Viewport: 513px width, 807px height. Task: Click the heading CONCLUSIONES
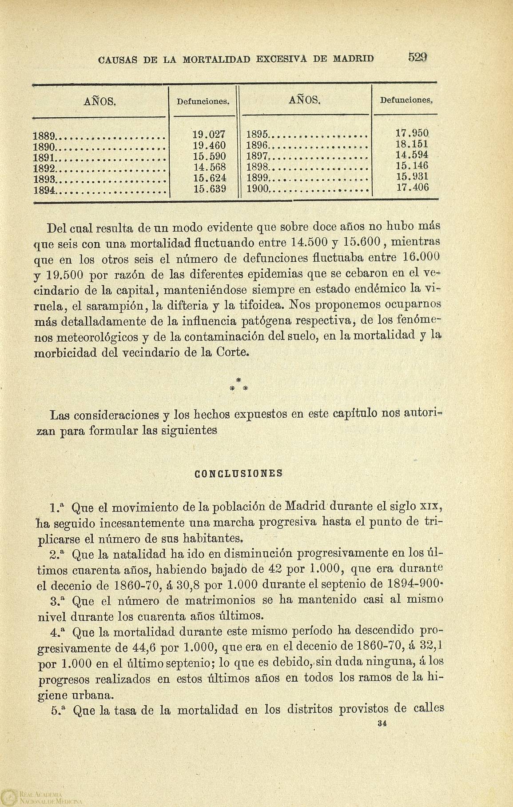pyautogui.click(x=239, y=473)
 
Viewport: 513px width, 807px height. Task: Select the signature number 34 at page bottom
pyautogui.click(x=381, y=723)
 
